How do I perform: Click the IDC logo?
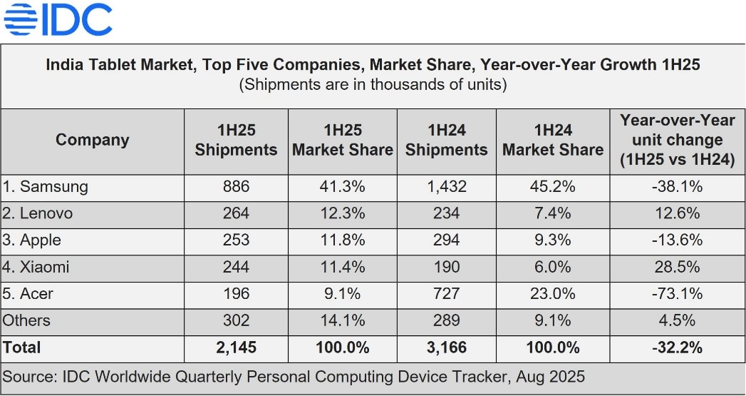(x=58, y=20)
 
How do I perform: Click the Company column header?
(x=93, y=140)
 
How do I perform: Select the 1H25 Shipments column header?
(x=236, y=141)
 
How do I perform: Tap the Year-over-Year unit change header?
(x=677, y=140)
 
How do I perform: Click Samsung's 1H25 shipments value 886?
(x=236, y=187)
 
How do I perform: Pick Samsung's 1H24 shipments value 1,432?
(x=447, y=187)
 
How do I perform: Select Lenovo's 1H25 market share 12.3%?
(x=342, y=213)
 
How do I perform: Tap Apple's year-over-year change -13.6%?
(x=677, y=240)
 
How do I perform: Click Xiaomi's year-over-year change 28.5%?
(x=677, y=267)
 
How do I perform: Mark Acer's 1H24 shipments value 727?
(x=447, y=294)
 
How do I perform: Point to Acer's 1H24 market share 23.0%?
(x=554, y=294)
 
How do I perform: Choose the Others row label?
(x=26, y=321)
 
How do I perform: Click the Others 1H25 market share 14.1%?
(x=342, y=321)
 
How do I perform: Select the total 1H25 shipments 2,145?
(x=236, y=348)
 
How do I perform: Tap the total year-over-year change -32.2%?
(x=677, y=348)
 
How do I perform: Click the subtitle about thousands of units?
(x=373, y=85)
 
